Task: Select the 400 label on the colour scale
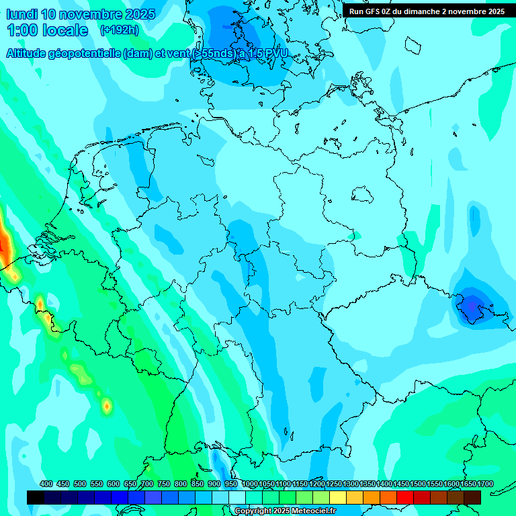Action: click(46, 484)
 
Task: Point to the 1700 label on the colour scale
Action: click(484, 484)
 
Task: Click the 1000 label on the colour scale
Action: click(250, 484)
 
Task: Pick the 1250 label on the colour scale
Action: click(334, 484)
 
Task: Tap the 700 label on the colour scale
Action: click(147, 484)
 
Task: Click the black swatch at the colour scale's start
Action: click(36, 497)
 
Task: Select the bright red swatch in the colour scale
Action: click(405, 497)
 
